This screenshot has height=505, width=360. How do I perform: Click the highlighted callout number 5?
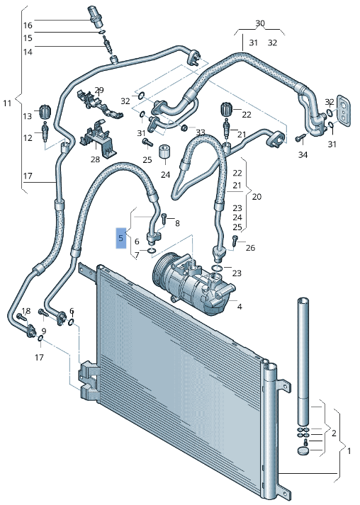click(x=121, y=238)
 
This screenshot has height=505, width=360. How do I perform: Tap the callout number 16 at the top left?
click(x=28, y=25)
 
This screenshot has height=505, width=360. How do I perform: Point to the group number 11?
click(x=7, y=103)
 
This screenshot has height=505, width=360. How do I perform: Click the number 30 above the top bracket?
click(x=259, y=23)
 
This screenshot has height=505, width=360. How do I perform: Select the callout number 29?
click(x=99, y=90)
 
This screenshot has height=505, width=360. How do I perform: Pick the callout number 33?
click(x=200, y=132)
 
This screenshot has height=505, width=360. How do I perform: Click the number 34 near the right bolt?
click(x=303, y=154)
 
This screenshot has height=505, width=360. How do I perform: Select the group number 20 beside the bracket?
click(x=257, y=196)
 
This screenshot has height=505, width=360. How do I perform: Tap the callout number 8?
click(x=177, y=223)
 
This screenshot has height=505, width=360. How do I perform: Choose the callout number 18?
click(x=26, y=312)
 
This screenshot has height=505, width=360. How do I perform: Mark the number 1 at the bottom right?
click(x=347, y=450)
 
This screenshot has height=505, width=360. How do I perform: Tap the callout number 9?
click(x=43, y=331)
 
